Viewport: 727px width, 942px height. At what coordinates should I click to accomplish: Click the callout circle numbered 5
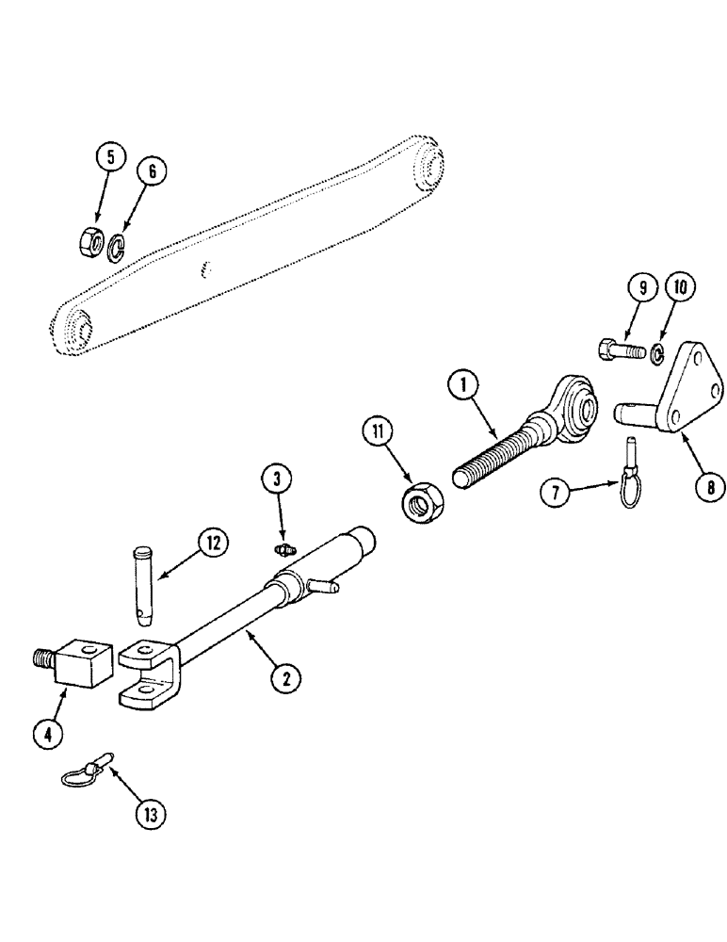110,157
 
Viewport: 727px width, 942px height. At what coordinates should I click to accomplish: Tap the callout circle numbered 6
153,171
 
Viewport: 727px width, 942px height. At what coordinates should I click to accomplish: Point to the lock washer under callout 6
117,247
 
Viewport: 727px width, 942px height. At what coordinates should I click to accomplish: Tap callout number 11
380,433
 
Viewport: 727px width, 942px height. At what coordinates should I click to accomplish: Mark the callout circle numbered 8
709,486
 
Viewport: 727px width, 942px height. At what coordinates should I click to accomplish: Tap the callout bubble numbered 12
214,542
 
